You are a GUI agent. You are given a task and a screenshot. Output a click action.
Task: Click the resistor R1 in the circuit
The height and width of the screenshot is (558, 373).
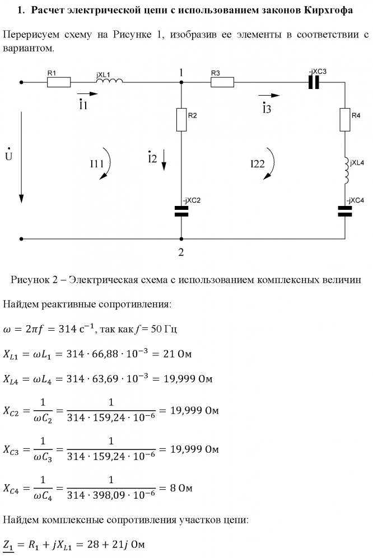pyautogui.click(x=58, y=82)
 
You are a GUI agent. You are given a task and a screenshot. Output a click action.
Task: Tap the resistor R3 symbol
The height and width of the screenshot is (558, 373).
pyautogui.click(x=222, y=82)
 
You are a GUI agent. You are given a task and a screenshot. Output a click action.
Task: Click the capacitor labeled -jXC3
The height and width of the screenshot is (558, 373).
pyautogui.click(x=315, y=82)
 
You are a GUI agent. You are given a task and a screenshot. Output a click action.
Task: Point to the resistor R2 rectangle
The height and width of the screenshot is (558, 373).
pyautogui.click(x=181, y=120)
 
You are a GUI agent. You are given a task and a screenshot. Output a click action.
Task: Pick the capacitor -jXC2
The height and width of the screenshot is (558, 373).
pyautogui.click(x=181, y=210)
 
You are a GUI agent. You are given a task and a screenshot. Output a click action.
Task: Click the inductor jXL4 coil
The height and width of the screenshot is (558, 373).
pyautogui.click(x=345, y=170)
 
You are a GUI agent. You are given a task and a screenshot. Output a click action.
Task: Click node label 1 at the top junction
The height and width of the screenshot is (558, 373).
pyautogui.click(x=181, y=73)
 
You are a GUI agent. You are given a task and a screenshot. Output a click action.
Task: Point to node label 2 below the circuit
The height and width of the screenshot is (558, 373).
pyautogui.click(x=181, y=252)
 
